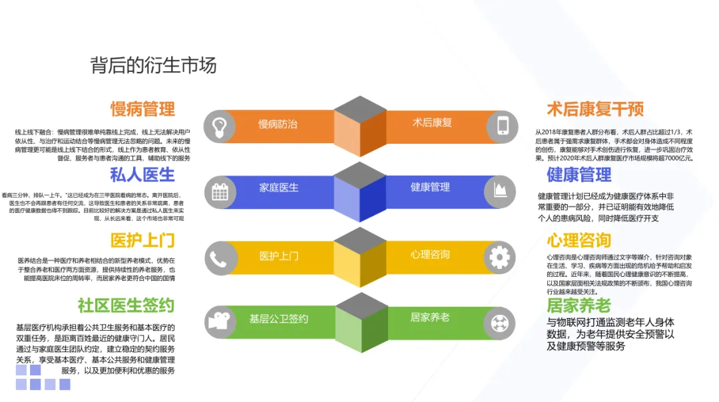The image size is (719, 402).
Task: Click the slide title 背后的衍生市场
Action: tap(154, 65)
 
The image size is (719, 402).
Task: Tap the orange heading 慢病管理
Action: tap(142, 108)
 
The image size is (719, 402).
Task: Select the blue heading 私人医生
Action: tap(142, 174)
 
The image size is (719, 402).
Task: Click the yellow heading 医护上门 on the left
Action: tap(142, 240)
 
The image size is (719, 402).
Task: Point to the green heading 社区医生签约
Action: tap(126, 305)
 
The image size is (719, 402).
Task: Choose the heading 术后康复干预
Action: tap(595, 108)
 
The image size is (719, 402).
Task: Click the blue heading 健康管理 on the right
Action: tap(579, 174)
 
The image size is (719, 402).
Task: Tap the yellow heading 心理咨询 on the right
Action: tap(579, 240)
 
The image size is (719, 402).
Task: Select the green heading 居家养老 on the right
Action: tap(579, 305)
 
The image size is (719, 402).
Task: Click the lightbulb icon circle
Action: tap(221, 126)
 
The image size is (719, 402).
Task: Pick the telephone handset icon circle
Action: tap(221, 257)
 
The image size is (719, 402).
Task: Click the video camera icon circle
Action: tap(221, 322)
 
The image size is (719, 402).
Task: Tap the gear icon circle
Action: tap(502, 257)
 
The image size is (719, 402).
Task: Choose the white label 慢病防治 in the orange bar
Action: tap(278, 124)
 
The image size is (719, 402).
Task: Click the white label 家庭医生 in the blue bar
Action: tap(279, 188)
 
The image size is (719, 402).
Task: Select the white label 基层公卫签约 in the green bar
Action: tap(279, 319)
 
